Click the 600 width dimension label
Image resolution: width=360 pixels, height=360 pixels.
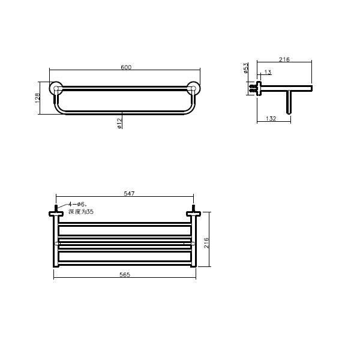[126, 67]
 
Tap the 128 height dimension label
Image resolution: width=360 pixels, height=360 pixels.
[38, 98]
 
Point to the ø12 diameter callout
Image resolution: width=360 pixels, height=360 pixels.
[119, 123]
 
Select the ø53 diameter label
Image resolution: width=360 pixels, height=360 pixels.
[245, 68]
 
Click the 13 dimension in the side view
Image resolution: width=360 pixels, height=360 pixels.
[268, 72]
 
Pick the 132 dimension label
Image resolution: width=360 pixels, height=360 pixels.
[271, 118]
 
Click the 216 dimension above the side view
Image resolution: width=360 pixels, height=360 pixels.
[284, 59]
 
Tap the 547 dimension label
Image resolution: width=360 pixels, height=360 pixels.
[129, 193]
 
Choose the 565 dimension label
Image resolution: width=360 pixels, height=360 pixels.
[125, 274]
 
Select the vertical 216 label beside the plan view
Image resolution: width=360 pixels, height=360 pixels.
[206, 242]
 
